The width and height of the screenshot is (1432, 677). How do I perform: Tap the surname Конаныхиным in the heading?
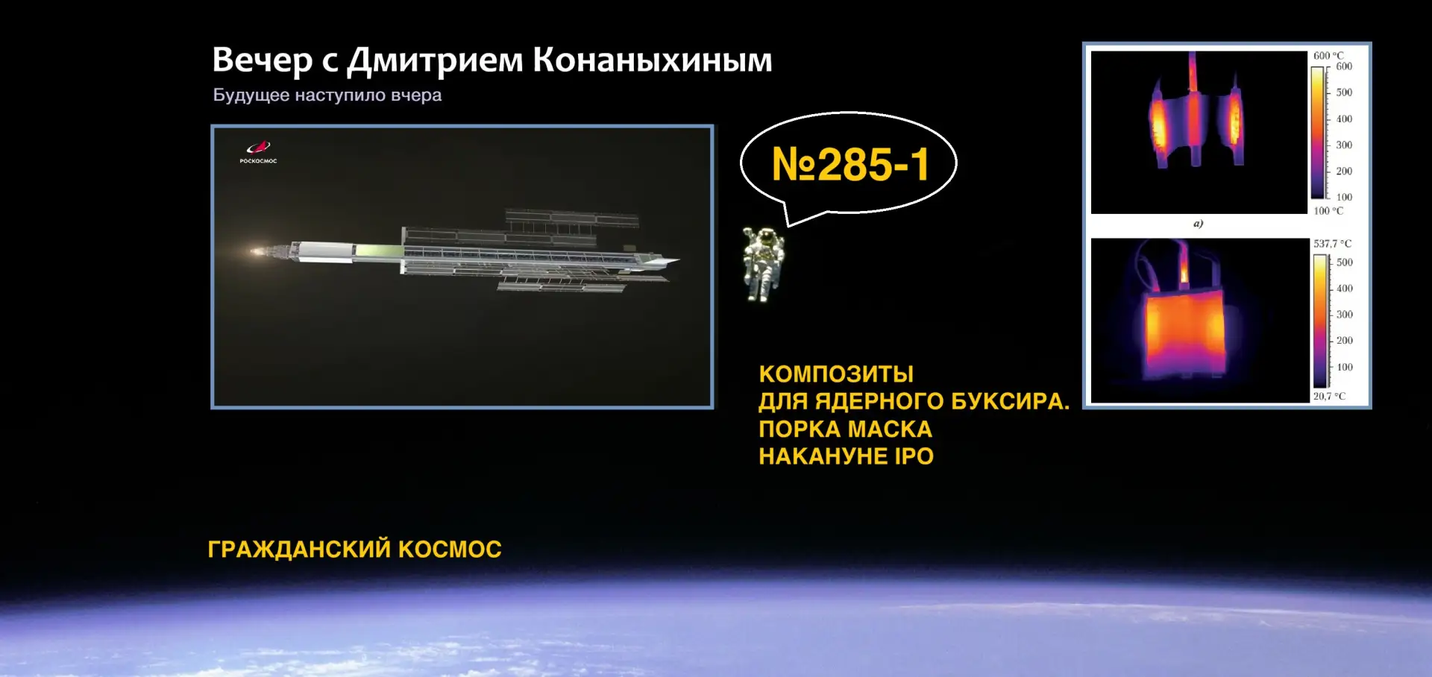[653, 60]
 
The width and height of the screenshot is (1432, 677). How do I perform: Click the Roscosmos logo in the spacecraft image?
[258, 151]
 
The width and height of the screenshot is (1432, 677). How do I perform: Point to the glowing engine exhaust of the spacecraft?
[258, 251]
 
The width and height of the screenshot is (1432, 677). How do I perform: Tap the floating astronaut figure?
[763, 264]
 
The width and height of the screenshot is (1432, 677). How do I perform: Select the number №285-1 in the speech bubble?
[850, 164]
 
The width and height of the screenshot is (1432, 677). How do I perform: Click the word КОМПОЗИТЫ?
[836, 374]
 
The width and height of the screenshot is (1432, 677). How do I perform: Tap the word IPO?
[914, 456]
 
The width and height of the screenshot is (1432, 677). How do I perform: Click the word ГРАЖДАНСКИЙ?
[299, 549]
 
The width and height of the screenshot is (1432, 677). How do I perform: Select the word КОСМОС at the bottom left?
[450, 549]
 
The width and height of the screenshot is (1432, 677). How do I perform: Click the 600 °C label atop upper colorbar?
[1328, 56]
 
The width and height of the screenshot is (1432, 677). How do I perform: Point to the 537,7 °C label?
[1332, 244]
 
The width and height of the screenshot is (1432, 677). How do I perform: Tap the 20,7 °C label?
[1329, 396]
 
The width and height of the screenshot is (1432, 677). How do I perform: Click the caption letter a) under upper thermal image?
[1198, 223]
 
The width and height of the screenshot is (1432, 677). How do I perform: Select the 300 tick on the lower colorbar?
[1344, 315]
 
